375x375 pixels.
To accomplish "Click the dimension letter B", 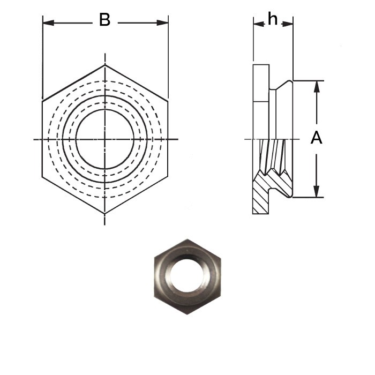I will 104,21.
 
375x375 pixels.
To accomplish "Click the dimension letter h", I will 273,20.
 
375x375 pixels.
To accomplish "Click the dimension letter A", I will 317,138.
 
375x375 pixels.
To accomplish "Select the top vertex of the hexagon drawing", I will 105,65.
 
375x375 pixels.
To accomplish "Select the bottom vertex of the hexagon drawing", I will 105,213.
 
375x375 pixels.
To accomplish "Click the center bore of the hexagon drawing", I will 105,139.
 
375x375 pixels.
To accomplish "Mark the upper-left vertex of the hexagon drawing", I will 42,100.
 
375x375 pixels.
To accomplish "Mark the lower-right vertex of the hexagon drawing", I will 168,178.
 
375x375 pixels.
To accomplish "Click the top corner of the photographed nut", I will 187,239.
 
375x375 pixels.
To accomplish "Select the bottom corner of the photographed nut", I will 187,314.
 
